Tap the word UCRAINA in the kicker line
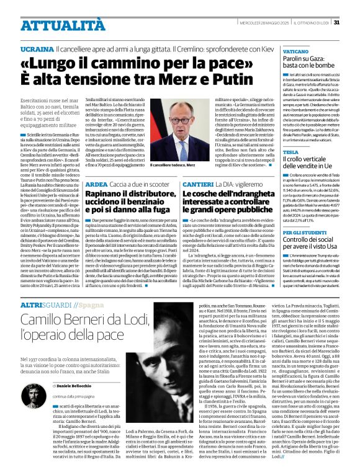[36, 48]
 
